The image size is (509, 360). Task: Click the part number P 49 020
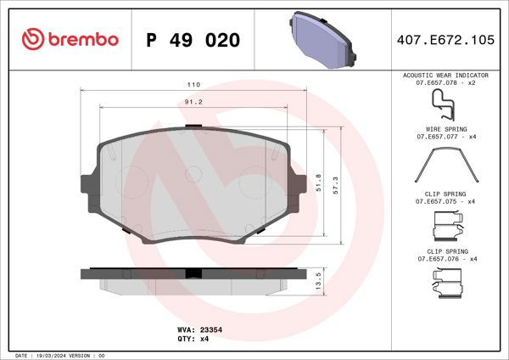(193, 40)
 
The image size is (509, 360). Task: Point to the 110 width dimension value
(193, 86)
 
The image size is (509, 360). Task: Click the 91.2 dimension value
(193, 102)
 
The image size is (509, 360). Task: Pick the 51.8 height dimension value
(318, 182)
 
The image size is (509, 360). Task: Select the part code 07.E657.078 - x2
(447, 82)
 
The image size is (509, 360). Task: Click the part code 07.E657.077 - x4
(447, 137)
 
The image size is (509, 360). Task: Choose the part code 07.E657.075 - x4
(447, 202)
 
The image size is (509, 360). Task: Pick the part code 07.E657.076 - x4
(447, 259)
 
